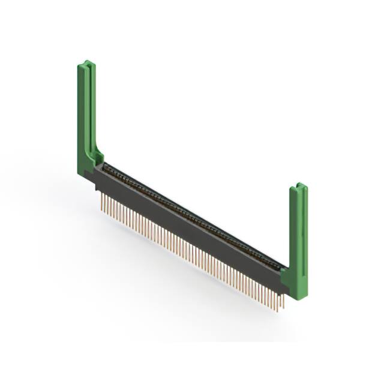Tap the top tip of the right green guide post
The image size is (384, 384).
click(298, 186)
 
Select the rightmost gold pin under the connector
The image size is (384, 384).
click(282, 306)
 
